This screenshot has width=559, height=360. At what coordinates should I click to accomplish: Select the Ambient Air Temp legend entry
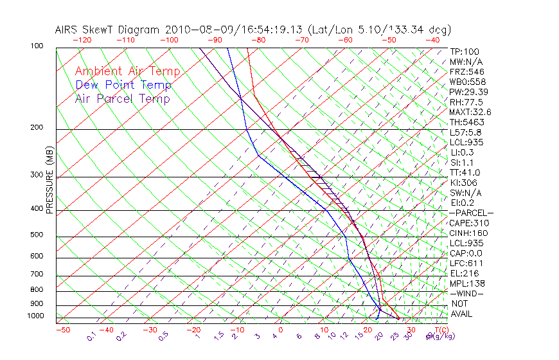pyautogui.click(x=127, y=71)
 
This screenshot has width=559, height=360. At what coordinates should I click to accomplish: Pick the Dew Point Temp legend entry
pyautogui.click(x=123, y=85)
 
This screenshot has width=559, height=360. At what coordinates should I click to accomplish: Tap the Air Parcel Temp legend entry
pyautogui.click(x=122, y=98)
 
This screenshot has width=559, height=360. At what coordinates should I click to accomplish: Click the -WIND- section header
pyautogui.click(x=467, y=293)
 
